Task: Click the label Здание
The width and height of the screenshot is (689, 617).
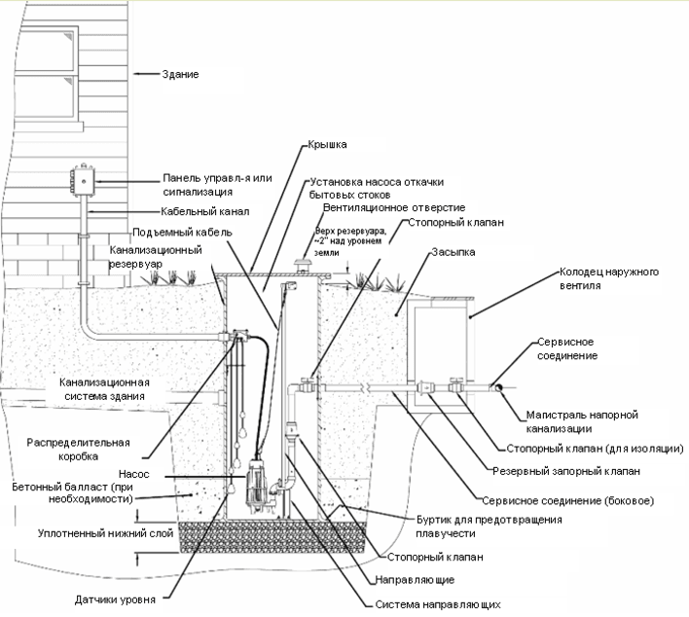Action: pyautogui.click(x=180, y=74)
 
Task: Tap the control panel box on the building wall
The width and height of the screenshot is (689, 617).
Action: pyautogui.click(x=84, y=181)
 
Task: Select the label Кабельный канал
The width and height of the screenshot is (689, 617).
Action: pyautogui.click(x=204, y=211)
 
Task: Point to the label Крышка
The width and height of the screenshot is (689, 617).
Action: pyautogui.click(x=327, y=144)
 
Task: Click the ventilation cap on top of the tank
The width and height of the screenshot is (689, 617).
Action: pyautogui.click(x=303, y=265)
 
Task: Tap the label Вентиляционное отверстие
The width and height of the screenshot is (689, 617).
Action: pyautogui.click(x=394, y=207)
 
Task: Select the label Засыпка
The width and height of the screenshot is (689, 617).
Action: pyautogui.click(x=453, y=252)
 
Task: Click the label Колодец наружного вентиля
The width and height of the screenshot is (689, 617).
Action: pyautogui.click(x=609, y=278)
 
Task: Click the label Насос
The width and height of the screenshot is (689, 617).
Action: pyautogui.click(x=134, y=474)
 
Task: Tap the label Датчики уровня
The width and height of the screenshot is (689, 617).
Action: pyautogui.click(x=115, y=599)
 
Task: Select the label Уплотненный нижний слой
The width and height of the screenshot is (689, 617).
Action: pyautogui.click(x=105, y=533)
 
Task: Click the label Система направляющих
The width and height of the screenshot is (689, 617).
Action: pyautogui.click(x=438, y=604)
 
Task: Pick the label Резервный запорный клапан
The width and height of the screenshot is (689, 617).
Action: pyautogui.click(x=566, y=471)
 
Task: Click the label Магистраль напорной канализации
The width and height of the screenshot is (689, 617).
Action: pyautogui.click(x=582, y=421)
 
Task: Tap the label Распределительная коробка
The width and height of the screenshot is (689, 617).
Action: pyautogui.click(x=78, y=450)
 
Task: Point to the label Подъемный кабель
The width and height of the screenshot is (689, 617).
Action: pyautogui.click(x=182, y=232)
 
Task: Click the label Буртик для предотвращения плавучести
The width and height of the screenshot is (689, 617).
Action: pyautogui.click(x=490, y=526)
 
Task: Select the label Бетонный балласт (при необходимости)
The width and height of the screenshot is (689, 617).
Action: pyautogui.click(x=73, y=493)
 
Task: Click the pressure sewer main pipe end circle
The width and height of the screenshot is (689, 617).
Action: pyautogui.click(x=499, y=388)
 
